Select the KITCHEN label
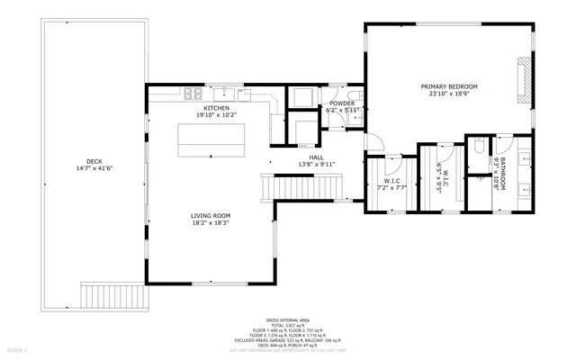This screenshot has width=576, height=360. click(x=216, y=108)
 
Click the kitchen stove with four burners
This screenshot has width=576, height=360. click(x=193, y=92)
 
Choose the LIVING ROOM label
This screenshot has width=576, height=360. click(x=211, y=215)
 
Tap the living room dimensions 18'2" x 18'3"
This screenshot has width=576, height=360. click(x=211, y=223)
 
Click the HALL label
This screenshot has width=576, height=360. click(x=316, y=157)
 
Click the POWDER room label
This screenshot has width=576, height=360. click(x=342, y=103)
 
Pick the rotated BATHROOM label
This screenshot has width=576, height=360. click(x=504, y=173)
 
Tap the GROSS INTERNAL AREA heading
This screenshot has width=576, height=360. click(x=287, y=319)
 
